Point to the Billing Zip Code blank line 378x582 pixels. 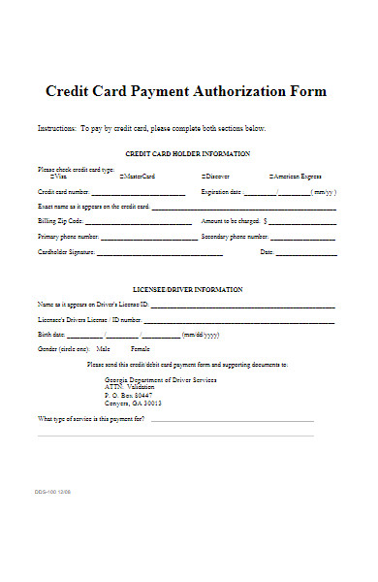[x=136, y=224]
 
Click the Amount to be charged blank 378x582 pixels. [x=304, y=224]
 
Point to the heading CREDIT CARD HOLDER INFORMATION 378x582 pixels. [x=188, y=154]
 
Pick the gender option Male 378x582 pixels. [x=103, y=347]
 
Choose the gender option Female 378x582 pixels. [x=141, y=347]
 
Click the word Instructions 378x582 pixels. [x=54, y=128]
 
